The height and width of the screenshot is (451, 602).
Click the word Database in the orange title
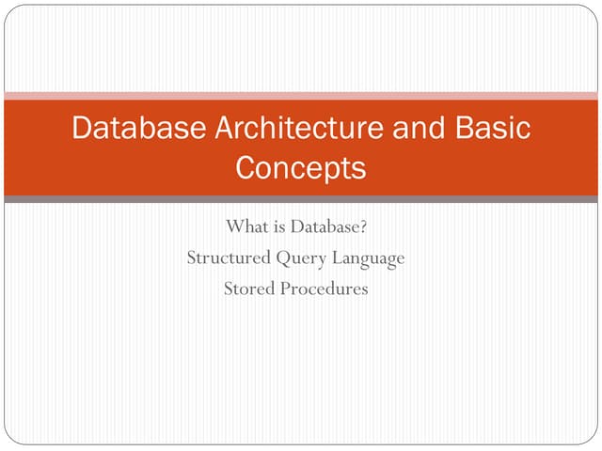pos(133,129)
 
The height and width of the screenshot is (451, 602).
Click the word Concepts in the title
pos(300,168)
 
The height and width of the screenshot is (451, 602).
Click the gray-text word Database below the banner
pos(325,226)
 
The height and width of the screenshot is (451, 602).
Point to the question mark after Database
pos(362,226)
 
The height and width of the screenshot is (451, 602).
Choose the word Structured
pos(229,257)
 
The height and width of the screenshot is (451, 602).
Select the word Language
pos(367,258)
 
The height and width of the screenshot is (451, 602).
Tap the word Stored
pos(248,288)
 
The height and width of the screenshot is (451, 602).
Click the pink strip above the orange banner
pos(301,96)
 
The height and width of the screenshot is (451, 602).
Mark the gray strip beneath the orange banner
pos(301,199)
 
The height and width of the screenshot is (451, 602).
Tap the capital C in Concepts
pos(246,168)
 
